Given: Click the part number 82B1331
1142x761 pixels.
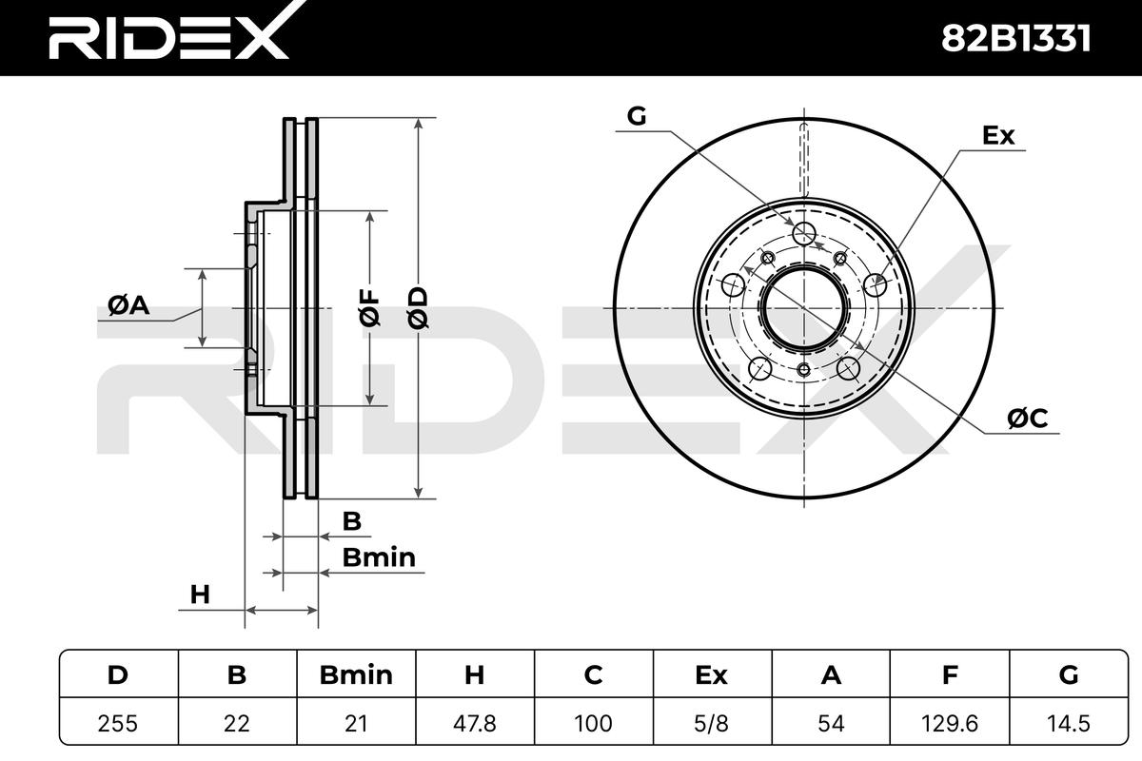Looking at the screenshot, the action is click(x=1015, y=39).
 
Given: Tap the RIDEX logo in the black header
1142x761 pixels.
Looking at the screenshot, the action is click(x=169, y=33).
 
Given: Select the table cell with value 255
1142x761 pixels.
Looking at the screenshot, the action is click(x=118, y=723).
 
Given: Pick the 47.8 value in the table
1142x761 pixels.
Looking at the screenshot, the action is click(x=475, y=723).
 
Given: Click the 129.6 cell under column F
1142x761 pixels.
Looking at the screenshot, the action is click(x=950, y=723).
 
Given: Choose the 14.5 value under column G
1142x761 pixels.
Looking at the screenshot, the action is click(x=1069, y=723).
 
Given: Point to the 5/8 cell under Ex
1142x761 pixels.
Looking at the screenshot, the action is click(x=712, y=723).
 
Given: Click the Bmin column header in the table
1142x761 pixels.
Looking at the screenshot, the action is click(x=356, y=674).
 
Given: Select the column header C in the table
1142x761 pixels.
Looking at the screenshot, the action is click(x=594, y=674).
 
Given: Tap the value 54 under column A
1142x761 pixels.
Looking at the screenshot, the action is click(x=831, y=723).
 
